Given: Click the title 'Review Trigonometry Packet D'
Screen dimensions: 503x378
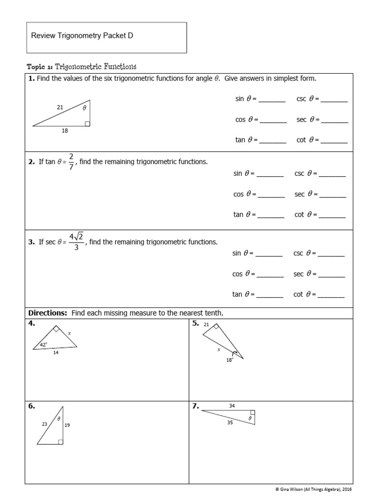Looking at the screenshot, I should click(x=82, y=36).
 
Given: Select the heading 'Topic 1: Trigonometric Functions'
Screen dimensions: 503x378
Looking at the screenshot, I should click(x=82, y=66).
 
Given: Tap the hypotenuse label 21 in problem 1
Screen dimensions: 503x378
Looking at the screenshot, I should click(x=60, y=107).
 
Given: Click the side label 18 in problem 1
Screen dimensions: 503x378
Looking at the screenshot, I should click(x=65, y=131).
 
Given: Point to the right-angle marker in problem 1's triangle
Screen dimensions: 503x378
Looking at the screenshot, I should click(x=87, y=124).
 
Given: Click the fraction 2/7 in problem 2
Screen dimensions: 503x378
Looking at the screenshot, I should click(x=71, y=162).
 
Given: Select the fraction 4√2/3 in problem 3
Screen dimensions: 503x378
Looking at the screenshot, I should click(x=76, y=242).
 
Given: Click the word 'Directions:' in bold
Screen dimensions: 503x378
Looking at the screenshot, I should click(x=48, y=313).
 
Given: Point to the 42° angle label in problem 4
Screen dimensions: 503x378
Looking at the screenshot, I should click(x=44, y=345).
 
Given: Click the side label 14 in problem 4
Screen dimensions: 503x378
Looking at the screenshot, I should click(x=56, y=353).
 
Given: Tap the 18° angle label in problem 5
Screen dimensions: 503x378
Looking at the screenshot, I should click(x=229, y=360).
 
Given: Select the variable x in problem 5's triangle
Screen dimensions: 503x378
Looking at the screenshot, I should click(x=219, y=350).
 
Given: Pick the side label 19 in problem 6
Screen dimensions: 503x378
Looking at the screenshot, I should click(x=67, y=425).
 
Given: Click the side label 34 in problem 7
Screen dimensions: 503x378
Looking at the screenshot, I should click(x=232, y=406).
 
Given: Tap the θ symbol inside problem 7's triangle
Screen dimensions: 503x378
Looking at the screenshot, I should click(x=250, y=418).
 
